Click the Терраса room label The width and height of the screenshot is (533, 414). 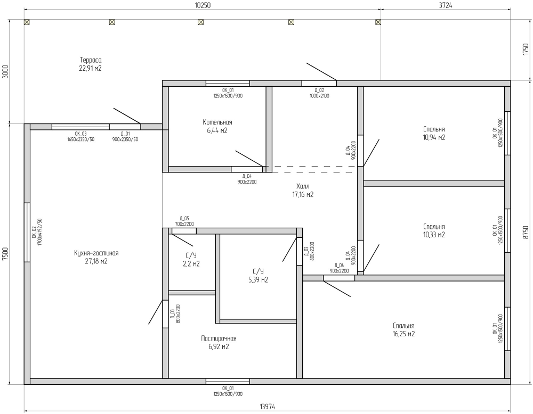point(91,60)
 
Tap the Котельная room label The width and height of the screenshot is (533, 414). point(217,122)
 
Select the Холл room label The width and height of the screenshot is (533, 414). point(303,186)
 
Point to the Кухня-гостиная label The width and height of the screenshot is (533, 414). point(96,253)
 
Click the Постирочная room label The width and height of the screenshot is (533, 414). point(219,338)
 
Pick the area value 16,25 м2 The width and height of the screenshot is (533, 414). point(403,334)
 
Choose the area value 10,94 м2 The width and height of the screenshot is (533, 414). point(434,137)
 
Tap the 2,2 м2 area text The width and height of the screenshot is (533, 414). point(191,263)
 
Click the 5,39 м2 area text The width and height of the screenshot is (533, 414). point(258,280)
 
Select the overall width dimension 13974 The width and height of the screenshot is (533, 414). point(267,407)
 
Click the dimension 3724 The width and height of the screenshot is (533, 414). point(445,5)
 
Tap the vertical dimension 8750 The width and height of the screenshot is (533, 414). point(526,233)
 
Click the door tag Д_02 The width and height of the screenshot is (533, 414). point(319,90)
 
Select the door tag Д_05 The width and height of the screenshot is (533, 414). point(184,219)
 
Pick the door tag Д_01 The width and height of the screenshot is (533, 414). point(125,134)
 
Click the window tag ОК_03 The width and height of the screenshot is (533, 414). point(80,134)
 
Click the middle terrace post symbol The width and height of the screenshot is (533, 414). point(200,22)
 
